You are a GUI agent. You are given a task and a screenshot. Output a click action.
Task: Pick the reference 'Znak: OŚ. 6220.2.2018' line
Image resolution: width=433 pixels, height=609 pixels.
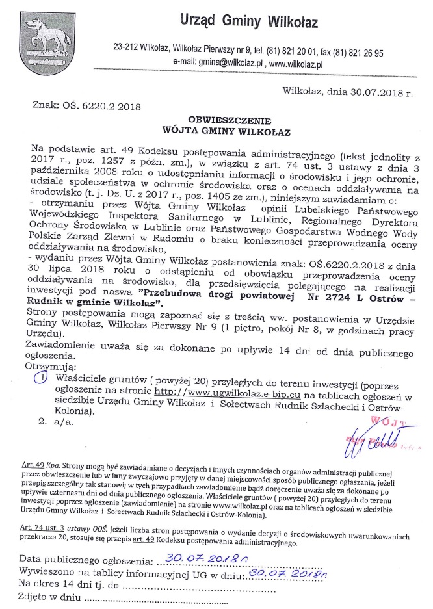coord(86,104)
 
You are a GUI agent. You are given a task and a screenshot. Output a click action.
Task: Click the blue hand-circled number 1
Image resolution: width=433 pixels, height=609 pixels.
coord(42,378)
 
